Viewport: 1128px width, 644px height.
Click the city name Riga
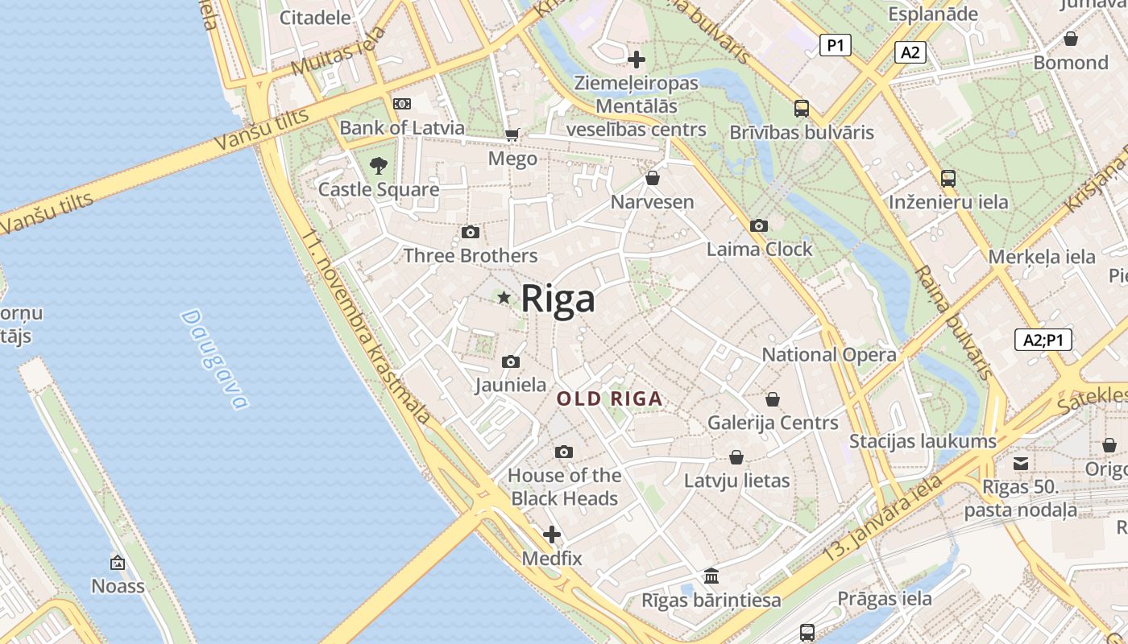click(x=558, y=299)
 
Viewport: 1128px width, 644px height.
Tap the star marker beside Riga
click(x=504, y=298)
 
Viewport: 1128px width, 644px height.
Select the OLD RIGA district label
click(x=610, y=398)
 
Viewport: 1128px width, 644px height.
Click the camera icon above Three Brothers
click(x=471, y=233)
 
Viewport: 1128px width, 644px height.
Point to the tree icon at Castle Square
click(x=379, y=166)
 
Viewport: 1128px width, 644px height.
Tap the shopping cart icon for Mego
click(x=512, y=134)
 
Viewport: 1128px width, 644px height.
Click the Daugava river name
click(x=214, y=358)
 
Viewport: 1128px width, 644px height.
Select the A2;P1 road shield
click(x=1043, y=340)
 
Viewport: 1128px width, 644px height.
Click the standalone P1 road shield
click(x=835, y=45)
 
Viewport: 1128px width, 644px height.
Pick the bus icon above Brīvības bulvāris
click(x=801, y=108)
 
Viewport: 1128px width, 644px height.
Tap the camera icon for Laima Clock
click(x=758, y=226)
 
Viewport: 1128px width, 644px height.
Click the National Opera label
click(x=828, y=354)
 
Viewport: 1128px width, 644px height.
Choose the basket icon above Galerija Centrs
click(x=772, y=399)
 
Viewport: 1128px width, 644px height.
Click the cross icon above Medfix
click(x=552, y=535)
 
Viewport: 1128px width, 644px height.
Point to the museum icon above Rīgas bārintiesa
click(x=711, y=576)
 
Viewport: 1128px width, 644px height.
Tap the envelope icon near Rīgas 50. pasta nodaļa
click(x=1021, y=463)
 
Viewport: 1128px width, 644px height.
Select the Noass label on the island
click(x=118, y=585)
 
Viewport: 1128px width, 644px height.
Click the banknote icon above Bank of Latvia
click(x=401, y=104)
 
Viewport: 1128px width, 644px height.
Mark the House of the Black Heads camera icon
click(x=564, y=452)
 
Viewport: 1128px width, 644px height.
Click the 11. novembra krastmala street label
click(x=367, y=327)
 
